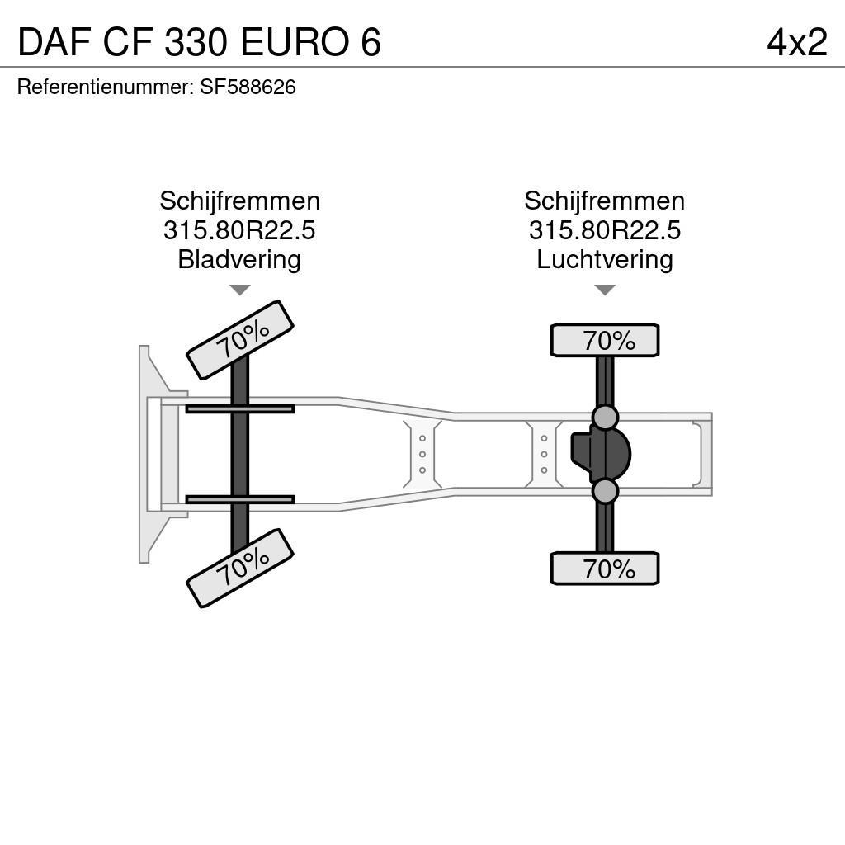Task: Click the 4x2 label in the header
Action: pyautogui.click(x=796, y=42)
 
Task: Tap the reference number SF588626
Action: pyautogui.click(x=248, y=87)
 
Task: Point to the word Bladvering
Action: pyautogui.click(x=239, y=259)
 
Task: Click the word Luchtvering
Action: pyautogui.click(x=605, y=259)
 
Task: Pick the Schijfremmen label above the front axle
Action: pyautogui.click(x=239, y=201)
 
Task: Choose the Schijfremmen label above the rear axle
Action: pyautogui.click(x=605, y=201)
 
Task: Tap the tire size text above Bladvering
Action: pyautogui.click(x=239, y=230)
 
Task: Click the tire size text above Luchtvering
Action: pyautogui.click(x=605, y=230)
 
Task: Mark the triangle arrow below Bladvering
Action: pyautogui.click(x=239, y=290)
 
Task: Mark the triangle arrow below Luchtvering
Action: pyautogui.click(x=605, y=290)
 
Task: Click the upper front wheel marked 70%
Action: pyautogui.click(x=240, y=339)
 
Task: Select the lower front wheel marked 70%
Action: pyautogui.click(x=240, y=568)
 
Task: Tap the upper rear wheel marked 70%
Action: pyautogui.click(x=605, y=340)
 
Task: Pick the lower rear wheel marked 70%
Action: pyautogui.click(x=605, y=569)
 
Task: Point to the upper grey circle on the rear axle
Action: pyautogui.click(x=605, y=418)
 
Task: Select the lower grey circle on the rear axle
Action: pyautogui.click(x=605, y=491)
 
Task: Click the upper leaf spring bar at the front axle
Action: pyautogui.click(x=239, y=408)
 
